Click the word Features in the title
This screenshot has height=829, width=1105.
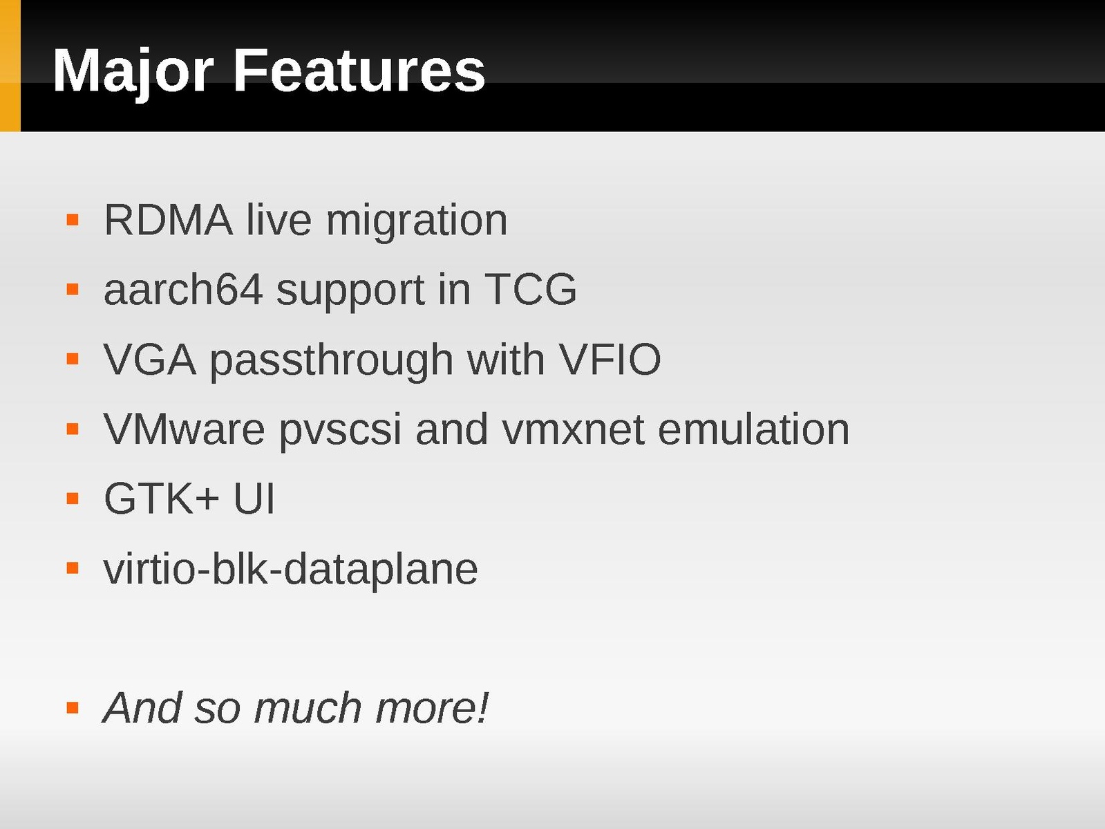coord(359,70)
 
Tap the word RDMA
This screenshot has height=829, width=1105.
coord(168,220)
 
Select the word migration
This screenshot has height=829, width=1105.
coord(417,222)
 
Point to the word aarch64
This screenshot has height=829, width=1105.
coord(183,290)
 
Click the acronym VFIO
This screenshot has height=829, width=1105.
coord(610,360)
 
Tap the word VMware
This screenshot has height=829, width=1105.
coord(185,429)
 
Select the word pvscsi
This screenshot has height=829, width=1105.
coord(340,431)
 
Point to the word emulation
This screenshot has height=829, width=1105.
coord(754,429)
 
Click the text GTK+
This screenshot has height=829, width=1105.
coord(162,499)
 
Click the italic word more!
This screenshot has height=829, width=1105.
coord(432,709)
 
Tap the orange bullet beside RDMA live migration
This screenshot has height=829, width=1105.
coord(73,220)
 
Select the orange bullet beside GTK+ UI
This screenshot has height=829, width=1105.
coord(73,499)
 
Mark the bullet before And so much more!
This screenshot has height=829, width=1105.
coord(73,708)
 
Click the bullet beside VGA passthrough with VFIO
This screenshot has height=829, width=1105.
coord(73,359)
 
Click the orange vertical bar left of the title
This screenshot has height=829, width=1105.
coord(10,66)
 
